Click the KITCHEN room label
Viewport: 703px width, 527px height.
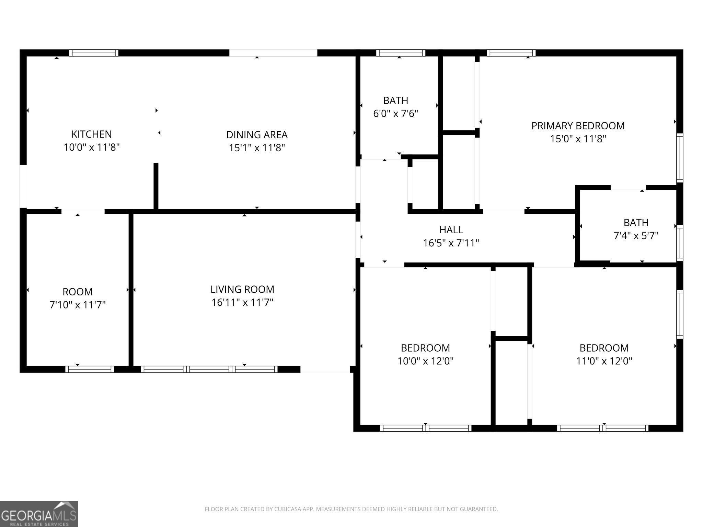coord(91,134)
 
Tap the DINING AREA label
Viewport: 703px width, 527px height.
coord(257,134)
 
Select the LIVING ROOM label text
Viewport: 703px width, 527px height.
coord(242,289)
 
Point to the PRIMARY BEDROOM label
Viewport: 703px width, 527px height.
coord(578,126)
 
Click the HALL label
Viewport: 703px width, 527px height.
coord(451,230)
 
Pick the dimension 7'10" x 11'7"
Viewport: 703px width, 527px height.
coord(78,305)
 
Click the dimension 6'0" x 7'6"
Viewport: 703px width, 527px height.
coord(396,113)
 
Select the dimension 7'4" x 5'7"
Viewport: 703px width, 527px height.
coord(636,236)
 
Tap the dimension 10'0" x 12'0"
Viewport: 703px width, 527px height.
coord(426,361)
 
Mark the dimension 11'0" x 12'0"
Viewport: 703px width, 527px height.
coord(604,361)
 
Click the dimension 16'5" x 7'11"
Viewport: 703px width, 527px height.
coord(451,243)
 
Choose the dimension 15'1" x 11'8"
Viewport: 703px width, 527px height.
coord(257,148)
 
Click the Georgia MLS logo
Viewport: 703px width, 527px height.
coord(39,514)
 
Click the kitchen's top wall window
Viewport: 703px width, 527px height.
coord(94,53)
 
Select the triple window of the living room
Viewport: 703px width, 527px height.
coord(209,369)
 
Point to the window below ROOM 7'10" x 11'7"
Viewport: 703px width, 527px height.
coord(90,369)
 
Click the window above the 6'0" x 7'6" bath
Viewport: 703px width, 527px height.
coord(401,53)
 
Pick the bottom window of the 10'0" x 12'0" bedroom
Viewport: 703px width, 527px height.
coord(426,428)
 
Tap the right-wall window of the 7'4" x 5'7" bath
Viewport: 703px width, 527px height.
coord(680,243)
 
